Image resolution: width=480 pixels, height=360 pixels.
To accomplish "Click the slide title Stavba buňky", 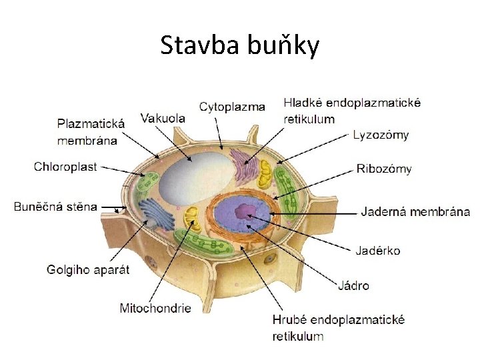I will coord(240,45).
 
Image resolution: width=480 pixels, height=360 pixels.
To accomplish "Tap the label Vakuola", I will coord(163,118).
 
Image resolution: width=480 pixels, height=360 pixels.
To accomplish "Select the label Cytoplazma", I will coord(232,106).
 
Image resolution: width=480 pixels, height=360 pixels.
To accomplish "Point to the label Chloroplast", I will coord(65,167).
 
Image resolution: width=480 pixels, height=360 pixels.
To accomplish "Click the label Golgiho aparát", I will coord(87,269).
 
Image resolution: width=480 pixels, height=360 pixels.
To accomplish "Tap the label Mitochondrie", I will coord(155,308).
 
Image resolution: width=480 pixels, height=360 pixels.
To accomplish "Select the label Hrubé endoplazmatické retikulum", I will coord(339,328).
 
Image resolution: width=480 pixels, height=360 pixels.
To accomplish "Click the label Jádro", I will coord(353,285).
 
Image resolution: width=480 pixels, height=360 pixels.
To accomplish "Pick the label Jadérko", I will coord(377,251).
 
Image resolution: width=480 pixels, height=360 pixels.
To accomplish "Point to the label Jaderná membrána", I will coord(415,212).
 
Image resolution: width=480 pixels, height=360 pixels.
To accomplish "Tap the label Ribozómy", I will coord(384,168).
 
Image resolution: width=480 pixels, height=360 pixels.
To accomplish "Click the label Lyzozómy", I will coord(381,135).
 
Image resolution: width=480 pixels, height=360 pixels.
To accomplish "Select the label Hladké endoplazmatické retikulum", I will coord(352,111).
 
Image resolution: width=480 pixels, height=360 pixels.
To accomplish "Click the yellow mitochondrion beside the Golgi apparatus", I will coord(192,217).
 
